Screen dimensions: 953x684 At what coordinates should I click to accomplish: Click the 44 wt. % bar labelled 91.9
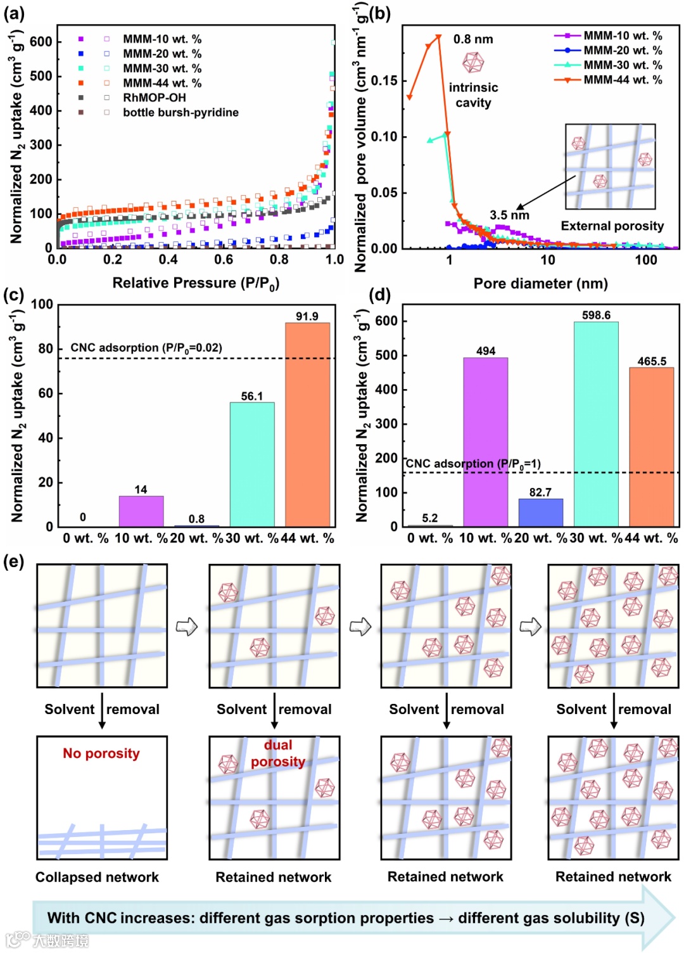click(307, 425)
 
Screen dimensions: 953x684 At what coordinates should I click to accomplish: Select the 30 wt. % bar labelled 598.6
click(596, 424)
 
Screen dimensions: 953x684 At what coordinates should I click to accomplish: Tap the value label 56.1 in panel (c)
click(251, 396)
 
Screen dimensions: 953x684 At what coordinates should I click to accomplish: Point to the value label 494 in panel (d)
click(486, 351)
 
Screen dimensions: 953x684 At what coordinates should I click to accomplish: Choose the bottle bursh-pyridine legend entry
click(180, 112)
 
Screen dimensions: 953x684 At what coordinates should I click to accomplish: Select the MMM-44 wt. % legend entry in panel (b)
click(623, 80)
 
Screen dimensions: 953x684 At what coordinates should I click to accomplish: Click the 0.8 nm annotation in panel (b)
click(473, 39)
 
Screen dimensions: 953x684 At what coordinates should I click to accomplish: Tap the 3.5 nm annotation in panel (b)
click(509, 215)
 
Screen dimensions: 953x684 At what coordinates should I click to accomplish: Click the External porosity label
click(612, 226)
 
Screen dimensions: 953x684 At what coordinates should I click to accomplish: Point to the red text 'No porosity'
click(101, 753)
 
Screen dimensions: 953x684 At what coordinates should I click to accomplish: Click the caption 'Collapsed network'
click(97, 877)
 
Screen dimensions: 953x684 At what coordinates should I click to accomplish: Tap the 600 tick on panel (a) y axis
click(41, 42)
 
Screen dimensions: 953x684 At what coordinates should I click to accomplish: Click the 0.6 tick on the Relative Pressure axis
click(224, 260)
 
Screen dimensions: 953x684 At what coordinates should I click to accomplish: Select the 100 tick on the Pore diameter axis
click(646, 260)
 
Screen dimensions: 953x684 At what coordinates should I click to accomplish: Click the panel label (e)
click(13, 561)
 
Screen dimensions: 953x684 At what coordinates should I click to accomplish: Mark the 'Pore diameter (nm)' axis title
click(540, 283)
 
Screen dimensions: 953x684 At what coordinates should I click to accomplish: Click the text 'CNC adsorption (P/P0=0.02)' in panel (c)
click(146, 348)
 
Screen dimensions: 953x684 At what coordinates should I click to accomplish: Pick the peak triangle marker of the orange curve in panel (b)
click(438, 37)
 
